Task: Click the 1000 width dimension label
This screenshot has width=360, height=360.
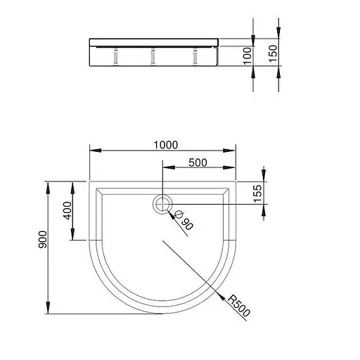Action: (166, 145)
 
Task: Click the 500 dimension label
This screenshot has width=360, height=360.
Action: (198, 162)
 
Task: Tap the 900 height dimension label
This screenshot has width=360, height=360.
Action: (43, 240)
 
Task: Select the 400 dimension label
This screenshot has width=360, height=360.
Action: (67, 210)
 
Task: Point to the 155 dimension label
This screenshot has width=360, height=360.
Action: (257, 193)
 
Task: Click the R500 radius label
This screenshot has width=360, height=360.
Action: (239, 305)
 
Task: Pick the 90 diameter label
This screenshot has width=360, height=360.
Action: (188, 224)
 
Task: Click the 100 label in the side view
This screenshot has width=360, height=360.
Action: (247, 56)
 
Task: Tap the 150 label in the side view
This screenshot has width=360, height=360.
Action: (273, 53)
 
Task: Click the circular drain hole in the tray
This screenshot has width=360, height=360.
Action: (162, 204)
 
